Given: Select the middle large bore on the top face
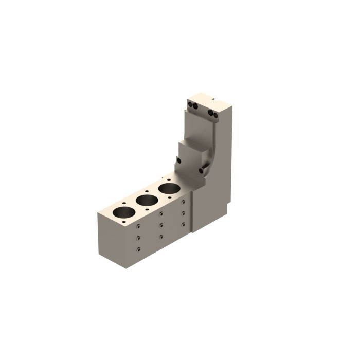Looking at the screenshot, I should click(147, 200).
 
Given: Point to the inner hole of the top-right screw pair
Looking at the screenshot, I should click(210, 113).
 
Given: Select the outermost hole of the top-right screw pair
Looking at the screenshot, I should click(215, 115).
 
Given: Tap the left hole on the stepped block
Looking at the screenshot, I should click(178, 160).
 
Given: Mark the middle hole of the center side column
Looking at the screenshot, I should click(161, 225).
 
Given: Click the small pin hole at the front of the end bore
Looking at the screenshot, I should click(124, 223).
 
